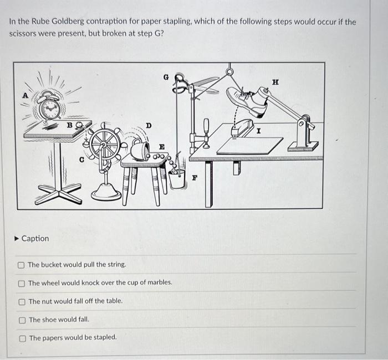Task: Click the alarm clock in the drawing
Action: click(50, 107)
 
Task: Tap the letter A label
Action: click(25, 95)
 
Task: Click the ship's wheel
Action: click(104, 144)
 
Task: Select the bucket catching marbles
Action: click(177, 178)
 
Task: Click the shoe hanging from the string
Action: click(248, 101)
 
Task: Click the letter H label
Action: click(275, 82)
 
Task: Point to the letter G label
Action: click(166, 78)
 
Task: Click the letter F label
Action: click(195, 178)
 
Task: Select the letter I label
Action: click(258, 131)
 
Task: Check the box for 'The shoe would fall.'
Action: click(22, 320)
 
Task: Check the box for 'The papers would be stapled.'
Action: click(23, 338)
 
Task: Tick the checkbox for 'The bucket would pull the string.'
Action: click(21, 265)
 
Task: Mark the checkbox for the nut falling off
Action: click(22, 302)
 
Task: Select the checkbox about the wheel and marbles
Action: click(22, 284)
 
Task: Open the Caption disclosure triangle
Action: click(17, 239)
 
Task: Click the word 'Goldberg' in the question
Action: click(68, 22)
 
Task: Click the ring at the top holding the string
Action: click(229, 71)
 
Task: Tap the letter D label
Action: click(148, 126)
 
